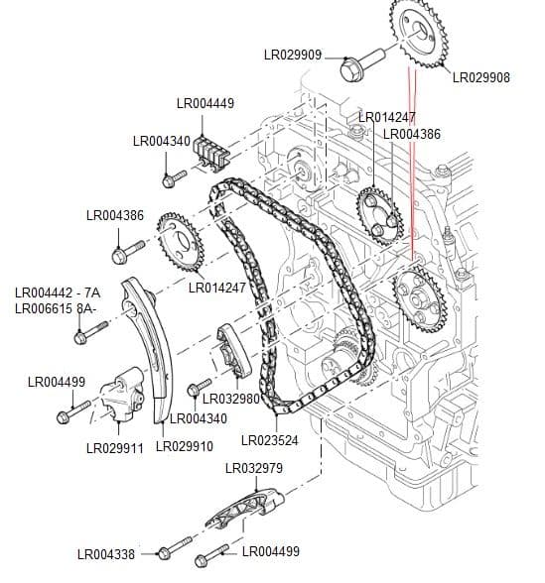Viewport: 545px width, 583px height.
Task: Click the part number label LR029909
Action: pyautogui.click(x=293, y=55)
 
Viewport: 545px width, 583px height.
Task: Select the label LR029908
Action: pyautogui.click(x=481, y=77)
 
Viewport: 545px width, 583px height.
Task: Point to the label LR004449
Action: pyautogui.click(x=205, y=103)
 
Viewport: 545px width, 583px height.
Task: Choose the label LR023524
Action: pyautogui.click(x=270, y=438)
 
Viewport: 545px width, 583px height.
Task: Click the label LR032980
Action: pyautogui.click(x=230, y=400)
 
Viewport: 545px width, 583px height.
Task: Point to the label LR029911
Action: pyautogui.click(x=116, y=447)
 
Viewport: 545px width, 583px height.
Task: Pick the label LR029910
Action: pyautogui.click(x=185, y=447)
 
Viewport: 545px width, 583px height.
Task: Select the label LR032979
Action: pyautogui.click(x=254, y=468)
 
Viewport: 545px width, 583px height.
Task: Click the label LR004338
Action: pyautogui.click(x=106, y=554)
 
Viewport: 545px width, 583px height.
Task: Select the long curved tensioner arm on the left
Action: pyautogui.click(x=149, y=342)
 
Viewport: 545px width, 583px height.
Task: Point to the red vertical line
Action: pyautogui.click(x=410, y=169)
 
